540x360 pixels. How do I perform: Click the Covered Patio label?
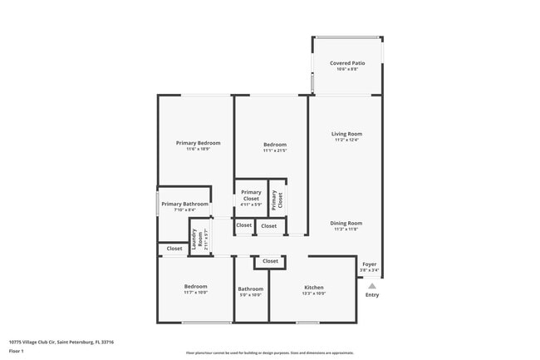click(346, 63)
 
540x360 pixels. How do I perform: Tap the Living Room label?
click(346, 133)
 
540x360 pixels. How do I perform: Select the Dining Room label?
click(346, 223)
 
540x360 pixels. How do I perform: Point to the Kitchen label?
click(313, 288)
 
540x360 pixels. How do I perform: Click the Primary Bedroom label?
click(198, 143)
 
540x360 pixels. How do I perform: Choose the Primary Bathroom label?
click(184, 204)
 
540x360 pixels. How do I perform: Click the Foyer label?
click(369, 264)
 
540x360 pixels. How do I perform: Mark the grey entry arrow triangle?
click(372, 286)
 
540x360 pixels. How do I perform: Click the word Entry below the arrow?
click(372, 294)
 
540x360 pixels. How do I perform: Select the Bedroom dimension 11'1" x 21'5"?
click(274, 150)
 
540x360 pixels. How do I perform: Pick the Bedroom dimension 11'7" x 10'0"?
click(195, 293)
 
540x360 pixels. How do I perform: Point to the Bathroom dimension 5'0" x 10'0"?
click(250, 295)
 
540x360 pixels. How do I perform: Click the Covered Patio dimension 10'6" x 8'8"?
click(346, 70)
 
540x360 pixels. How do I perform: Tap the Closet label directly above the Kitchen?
click(270, 261)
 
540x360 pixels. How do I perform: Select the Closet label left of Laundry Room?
click(174, 249)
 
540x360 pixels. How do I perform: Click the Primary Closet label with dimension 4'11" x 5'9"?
click(251, 198)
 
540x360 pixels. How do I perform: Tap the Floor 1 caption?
click(17, 351)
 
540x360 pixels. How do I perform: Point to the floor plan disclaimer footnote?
click(269, 353)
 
